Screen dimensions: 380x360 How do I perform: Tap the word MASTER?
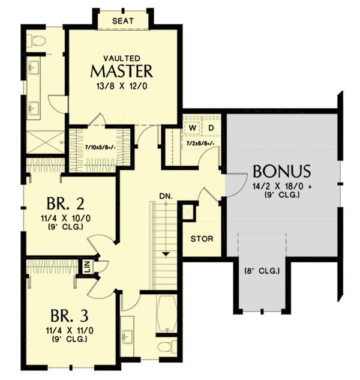(122, 71)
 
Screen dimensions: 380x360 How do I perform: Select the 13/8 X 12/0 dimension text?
(122, 86)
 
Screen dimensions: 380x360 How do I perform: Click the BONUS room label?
(281, 170)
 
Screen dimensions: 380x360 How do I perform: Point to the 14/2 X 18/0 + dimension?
(281, 185)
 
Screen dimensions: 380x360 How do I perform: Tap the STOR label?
(202, 238)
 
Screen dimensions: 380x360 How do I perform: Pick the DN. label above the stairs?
(166, 196)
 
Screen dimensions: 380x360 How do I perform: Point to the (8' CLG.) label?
(262, 271)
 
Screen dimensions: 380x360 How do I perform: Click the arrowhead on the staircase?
(166, 253)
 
